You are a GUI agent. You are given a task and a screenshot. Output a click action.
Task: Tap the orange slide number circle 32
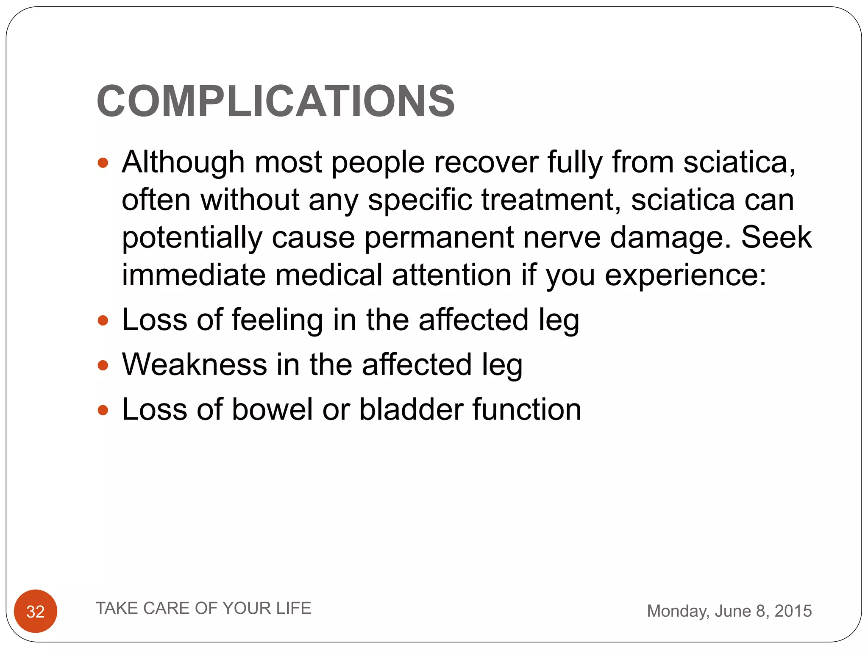[36, 611]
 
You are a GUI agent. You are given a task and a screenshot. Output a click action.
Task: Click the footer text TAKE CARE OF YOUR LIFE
[203, 608]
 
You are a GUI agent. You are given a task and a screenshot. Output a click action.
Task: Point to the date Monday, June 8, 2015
[729, 611]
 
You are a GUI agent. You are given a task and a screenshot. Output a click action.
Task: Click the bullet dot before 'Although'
[103, 163]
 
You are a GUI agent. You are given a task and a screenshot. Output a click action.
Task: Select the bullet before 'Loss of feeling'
[103, 320]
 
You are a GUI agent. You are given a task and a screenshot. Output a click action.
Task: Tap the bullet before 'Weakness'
[103, 365]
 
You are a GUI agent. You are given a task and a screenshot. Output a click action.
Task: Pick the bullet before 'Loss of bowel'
[103, 410]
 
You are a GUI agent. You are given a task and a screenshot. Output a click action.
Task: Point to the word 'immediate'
[194, 275]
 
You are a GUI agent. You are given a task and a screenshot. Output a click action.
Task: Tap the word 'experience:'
[685, 275]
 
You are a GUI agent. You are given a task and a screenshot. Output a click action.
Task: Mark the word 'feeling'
[277, 320]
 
